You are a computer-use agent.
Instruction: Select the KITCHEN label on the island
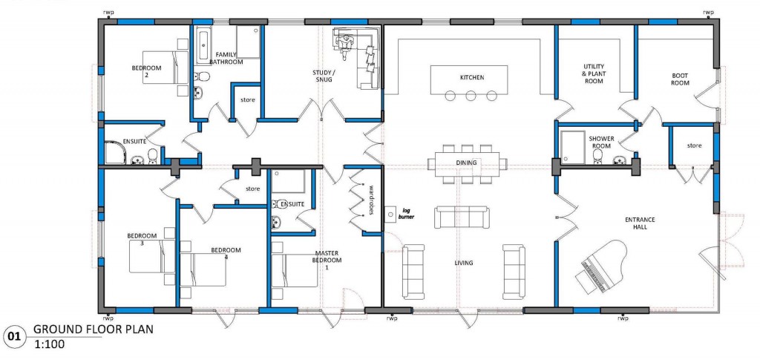[472, 77]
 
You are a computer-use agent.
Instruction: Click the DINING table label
[467, 163]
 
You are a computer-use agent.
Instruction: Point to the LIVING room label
[465, 263]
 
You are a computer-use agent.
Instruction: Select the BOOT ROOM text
[680, 79]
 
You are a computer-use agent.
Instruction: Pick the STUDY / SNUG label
[324, 76]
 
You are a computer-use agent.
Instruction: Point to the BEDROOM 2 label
[146, 71]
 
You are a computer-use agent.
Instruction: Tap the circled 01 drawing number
[13, 336]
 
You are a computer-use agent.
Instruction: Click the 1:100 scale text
[47, 344]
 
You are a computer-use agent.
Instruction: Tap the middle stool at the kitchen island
[471, 96]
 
